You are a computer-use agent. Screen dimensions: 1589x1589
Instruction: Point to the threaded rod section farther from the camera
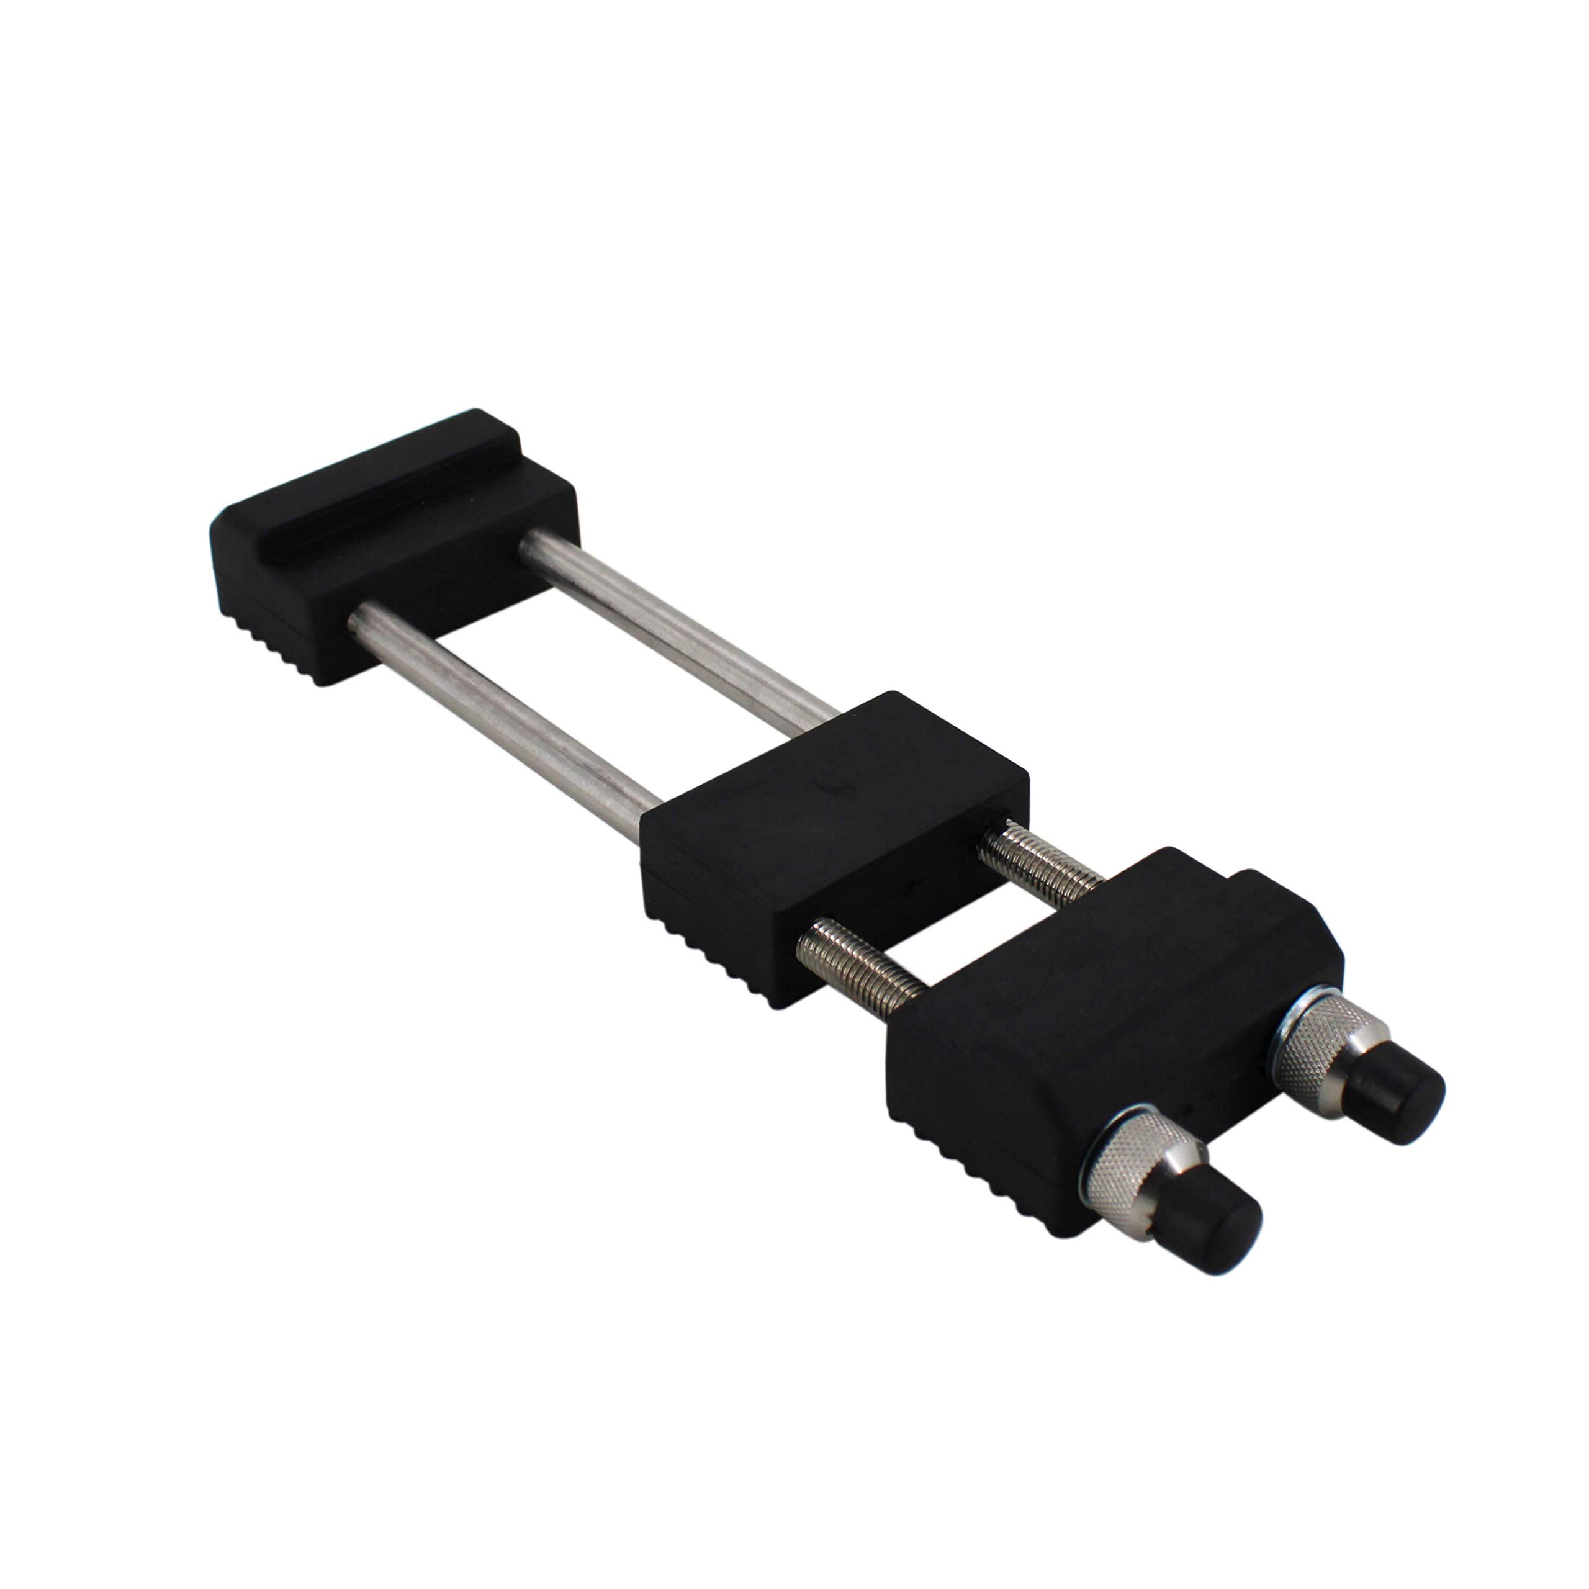click(1045, 863)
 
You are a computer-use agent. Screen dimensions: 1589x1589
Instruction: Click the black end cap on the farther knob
click(1407, 1102)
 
